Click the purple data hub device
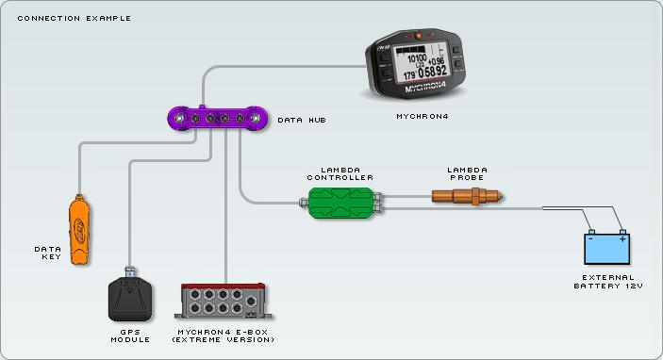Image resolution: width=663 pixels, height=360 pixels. click(218, 118)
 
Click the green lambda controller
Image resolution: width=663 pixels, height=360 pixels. click(340, 201)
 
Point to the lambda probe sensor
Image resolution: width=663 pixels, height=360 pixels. click(468, 196)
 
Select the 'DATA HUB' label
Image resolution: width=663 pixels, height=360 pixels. click(301, 121)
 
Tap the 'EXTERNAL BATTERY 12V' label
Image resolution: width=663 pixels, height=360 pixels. click(607, 281)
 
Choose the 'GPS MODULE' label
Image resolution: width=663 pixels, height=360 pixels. click(129, 335)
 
